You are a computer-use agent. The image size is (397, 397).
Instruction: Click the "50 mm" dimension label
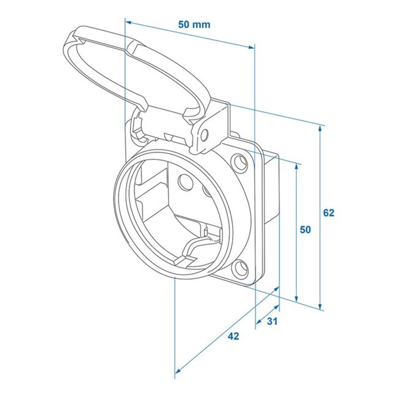coord(194,24)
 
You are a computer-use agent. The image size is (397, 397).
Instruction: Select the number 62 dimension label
coord(329,213)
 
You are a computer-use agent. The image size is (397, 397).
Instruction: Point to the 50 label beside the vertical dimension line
coord(305,230)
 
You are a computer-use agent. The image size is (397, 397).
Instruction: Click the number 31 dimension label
coord(273,322)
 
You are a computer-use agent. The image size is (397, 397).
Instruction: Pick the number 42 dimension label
coord(233,336)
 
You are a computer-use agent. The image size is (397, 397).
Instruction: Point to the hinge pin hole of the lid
coord(205,134)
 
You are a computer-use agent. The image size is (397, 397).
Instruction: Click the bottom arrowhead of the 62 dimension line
coord(321,306)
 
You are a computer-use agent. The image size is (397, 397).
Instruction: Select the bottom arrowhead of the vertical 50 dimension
coord(296,299)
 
